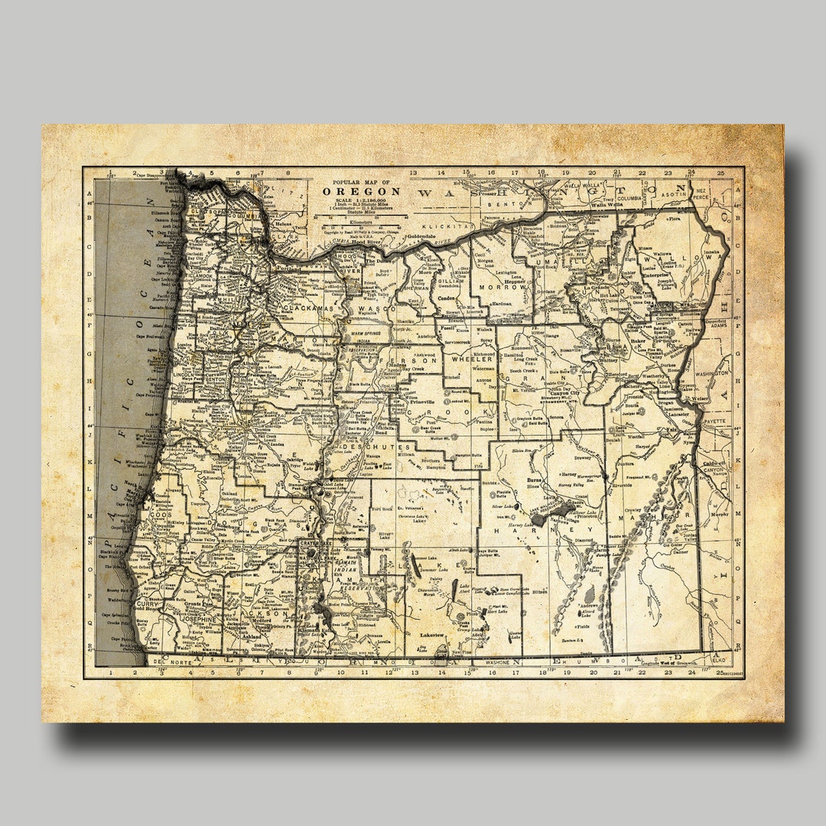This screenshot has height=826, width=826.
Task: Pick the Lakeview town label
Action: (x=432, y=635)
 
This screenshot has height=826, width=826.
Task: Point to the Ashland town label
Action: (x=253, y=636)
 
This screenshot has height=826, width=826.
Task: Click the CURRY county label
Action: (x=146, y=604)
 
